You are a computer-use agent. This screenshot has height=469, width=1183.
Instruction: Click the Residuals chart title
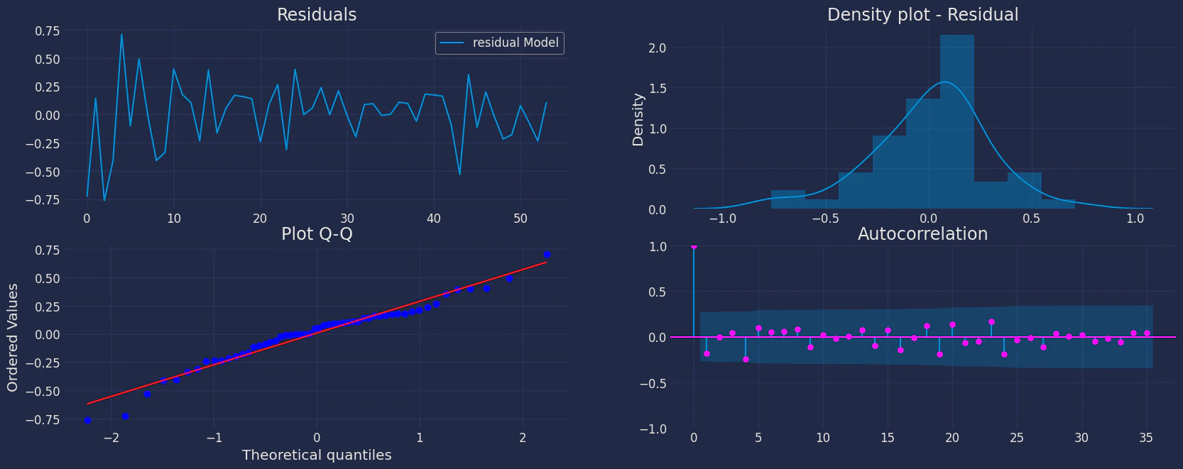pos(317,15)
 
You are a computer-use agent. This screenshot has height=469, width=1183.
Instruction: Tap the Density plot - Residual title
pos(922,15)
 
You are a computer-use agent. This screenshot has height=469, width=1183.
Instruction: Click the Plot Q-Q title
pos(317,234)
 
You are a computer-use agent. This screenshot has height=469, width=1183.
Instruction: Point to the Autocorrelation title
pos(922,234)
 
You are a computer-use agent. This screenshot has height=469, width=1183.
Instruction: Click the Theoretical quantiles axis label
pos(317,455)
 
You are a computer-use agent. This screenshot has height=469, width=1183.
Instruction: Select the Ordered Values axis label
pos(12,337)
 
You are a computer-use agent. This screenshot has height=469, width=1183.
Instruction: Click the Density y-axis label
pos(638,119)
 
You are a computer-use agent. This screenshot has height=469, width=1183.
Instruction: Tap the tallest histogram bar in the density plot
pos(956,121)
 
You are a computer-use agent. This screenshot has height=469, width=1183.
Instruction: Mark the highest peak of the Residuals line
pos(121,34)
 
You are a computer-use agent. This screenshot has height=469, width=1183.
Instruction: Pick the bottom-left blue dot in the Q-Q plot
pos(87,421)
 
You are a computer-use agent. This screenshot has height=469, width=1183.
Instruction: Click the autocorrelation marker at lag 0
pos(694,246)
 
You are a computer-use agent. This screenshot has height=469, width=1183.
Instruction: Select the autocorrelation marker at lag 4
pos(746,360)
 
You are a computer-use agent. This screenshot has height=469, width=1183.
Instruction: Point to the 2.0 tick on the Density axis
pos(658,48)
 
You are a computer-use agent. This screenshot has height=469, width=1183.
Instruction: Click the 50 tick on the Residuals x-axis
pos(520,219)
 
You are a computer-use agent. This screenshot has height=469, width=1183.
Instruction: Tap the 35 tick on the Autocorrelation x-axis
pos(1146,438)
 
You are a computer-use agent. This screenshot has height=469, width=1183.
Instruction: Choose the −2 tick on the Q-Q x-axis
pos(111,438)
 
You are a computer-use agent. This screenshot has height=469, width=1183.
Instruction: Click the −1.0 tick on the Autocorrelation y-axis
pos(653,429)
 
